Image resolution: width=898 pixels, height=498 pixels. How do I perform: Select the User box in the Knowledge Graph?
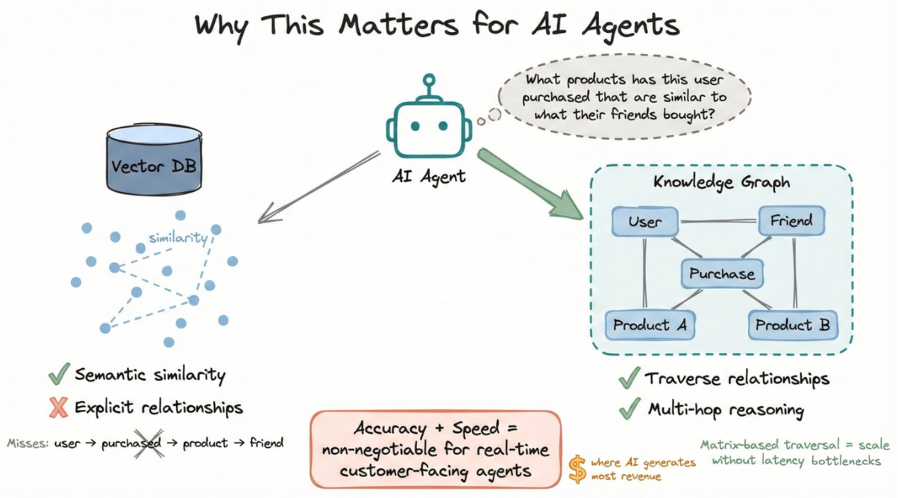(645, 222)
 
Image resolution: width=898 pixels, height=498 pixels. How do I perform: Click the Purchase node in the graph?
(721, 274)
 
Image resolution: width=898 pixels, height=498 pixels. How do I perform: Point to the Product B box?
(792, 325)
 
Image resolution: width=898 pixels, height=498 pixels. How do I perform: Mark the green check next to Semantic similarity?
(60, 373)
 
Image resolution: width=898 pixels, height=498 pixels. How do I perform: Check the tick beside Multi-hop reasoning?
(629, 409)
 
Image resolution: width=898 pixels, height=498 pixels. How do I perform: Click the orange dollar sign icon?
(577, 468)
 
